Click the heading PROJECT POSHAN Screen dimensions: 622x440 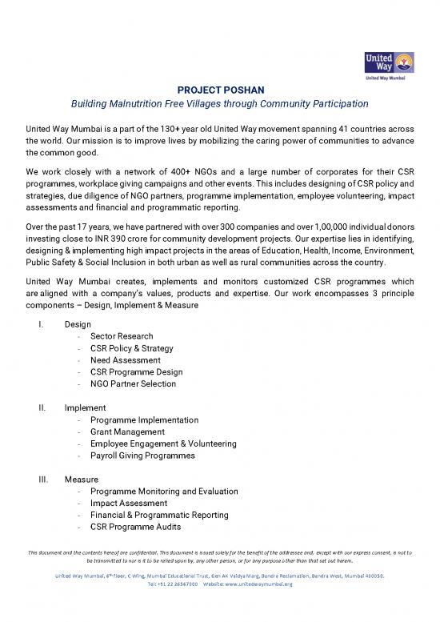point(220,89)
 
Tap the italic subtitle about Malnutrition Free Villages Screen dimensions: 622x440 point(220,103)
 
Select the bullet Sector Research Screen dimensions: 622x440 point(122,336)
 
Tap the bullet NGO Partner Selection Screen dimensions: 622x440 point(133,384)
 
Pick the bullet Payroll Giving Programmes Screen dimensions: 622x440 point(142,455)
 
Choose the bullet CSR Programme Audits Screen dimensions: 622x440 point(136,527)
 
